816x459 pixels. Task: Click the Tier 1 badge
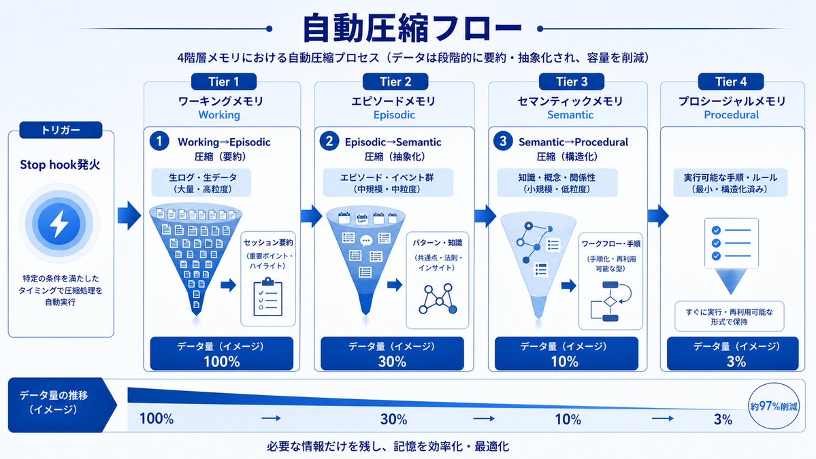click(x=224, y=82)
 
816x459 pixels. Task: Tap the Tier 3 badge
click(x=572, y=82)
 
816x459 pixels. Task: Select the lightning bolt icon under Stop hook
click(x=59, y=224)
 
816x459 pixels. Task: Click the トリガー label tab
click(x=61, y=130)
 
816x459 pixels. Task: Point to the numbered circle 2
click(x=329, y=141)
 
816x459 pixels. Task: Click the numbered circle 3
click(x=503, y=141)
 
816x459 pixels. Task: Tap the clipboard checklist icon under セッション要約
click(x=267, y=297)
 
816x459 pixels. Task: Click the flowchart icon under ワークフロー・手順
click(x=610, y=301)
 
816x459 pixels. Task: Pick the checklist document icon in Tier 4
click(x=731, y=243)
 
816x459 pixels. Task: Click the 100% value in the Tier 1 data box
click(x=222, y=362)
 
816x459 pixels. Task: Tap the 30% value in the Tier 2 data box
click(x=392, y=362)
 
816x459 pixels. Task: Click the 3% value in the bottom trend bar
click(x=723, y=420)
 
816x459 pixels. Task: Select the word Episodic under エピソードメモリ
click(x=394, y=115)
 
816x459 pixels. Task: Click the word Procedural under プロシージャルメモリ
click(x=731, y=115)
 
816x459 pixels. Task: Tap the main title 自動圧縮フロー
click(x=412, y=29)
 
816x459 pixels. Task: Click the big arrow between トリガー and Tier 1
click(x=129, y=215)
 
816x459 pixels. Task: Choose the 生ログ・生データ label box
click(x=201, y=183)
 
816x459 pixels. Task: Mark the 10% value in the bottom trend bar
click(x=568, y=420)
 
